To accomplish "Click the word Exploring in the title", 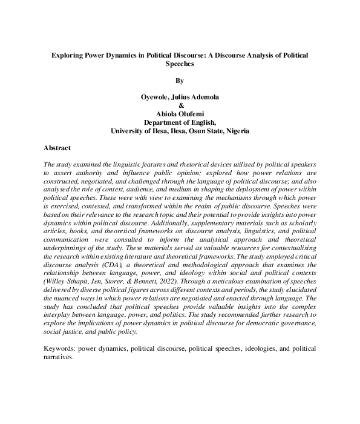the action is pos(69,55).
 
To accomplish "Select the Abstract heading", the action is pos(57,148).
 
